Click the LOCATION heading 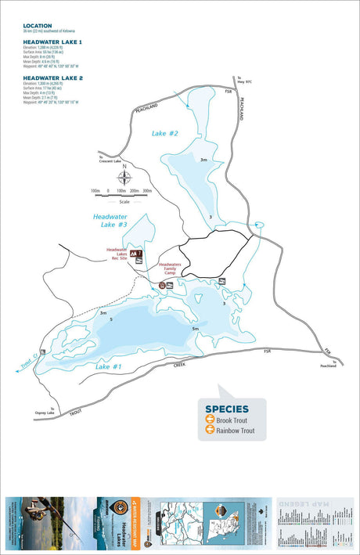pyautogui.click(x=38, y=26)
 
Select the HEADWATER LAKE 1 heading pyautogui.click(x=52, y=41)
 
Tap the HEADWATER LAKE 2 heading pyautogui.click(x=52, y=78)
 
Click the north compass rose pyautogui.click(x=121, y=178)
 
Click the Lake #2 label pyautogui.click(x=165, y=134)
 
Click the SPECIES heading pyautogui.click(x=227, y=409)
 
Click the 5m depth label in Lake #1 pyautogui.click(x=195, y=329)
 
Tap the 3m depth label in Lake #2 pyautogui.click(x=203, y=160)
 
